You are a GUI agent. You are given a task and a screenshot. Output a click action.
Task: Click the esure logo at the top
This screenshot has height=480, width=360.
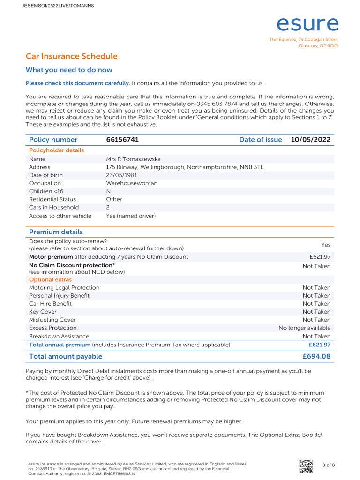307,24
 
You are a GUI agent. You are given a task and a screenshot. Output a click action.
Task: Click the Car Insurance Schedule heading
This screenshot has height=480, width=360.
71,56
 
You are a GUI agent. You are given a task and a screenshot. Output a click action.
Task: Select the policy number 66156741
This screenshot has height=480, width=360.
122,140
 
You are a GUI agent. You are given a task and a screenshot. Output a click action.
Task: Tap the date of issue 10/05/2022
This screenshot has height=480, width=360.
310,140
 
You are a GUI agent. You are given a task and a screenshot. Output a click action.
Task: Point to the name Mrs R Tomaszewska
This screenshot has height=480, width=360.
133,159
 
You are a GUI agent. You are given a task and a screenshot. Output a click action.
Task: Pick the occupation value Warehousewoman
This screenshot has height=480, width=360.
132,183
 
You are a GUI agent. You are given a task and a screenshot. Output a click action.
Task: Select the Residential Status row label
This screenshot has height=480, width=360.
52,199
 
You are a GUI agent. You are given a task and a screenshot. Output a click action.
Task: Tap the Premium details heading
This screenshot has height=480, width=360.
56,232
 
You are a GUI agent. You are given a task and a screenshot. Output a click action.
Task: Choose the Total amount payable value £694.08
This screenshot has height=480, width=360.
317,356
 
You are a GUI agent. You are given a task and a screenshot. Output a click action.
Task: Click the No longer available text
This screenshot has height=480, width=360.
304,328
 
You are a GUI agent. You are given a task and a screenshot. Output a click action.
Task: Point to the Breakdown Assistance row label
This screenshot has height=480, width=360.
59,336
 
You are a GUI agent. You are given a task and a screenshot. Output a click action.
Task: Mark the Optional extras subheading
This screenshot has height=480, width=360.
51,280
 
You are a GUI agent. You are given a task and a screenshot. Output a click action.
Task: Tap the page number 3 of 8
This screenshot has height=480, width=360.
329,465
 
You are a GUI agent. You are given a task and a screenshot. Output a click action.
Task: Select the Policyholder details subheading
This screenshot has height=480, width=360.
57,150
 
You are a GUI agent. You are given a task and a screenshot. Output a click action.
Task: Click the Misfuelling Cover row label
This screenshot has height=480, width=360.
52,320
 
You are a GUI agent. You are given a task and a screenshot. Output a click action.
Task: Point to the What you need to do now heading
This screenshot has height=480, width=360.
69,70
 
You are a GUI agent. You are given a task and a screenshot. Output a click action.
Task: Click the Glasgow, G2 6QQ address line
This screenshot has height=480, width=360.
318,46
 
